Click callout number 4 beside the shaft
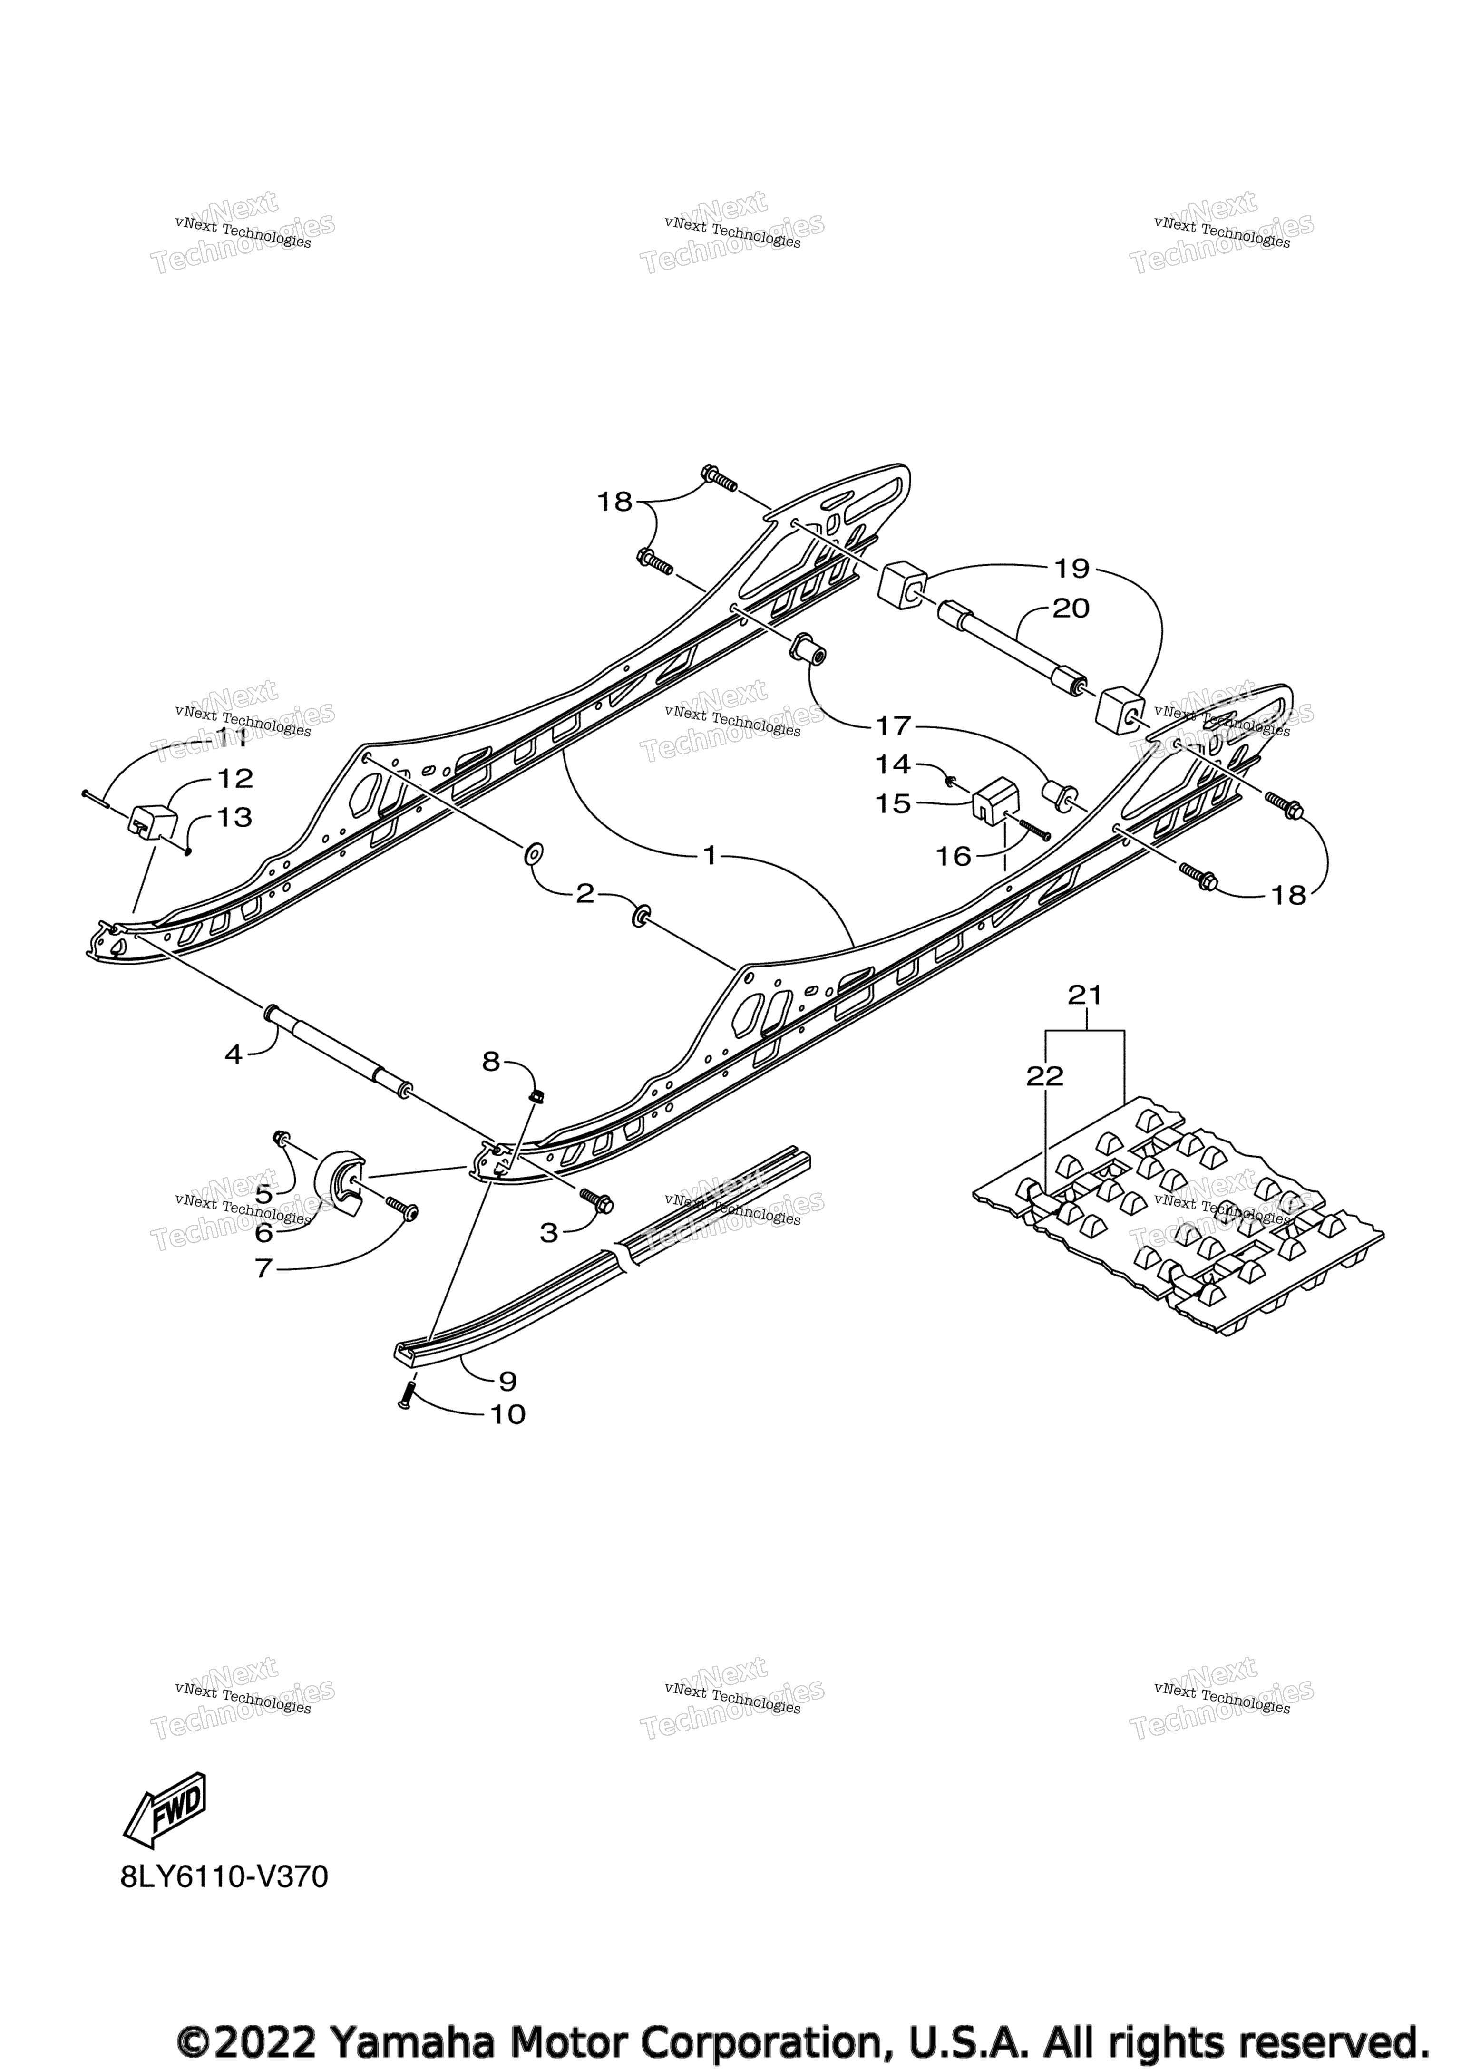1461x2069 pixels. click(x=234, y=1054)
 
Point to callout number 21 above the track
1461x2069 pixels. click(x=1085, y=995)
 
